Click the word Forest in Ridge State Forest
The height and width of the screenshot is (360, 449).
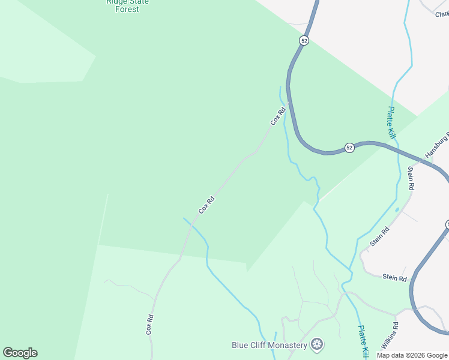pyautogui.click(x=128, y=10)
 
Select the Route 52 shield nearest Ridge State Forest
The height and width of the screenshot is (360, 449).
pyautogui.click(x=304, y=40)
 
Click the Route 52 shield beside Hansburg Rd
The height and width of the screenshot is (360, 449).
pyautogui.click(x=349, y=148)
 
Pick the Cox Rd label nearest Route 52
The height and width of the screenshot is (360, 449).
pyautogui.click(x=277, y=116)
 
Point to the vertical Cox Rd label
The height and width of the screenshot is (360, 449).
pyautogui.click(x=150, y=325)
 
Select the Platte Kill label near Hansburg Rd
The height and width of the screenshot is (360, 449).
pyautogui.click(x=391, y=123)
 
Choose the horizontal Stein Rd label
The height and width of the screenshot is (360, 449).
pyautogui.click(x=395, y=278)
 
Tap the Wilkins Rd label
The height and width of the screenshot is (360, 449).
pyautogui.click(x=390, y=336)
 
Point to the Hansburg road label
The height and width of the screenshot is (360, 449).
pyautogui.click(x=437, y=146)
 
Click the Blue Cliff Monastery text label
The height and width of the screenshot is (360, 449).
pyautogui.click(x=270, y=345)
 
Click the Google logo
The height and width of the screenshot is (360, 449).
pyautogui.click(x=20, y=353)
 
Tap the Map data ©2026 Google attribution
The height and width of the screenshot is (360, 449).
pyautogui.click(x=412, y=355)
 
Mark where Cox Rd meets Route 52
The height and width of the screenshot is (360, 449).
pyautogui.click(x=289, y=102)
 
